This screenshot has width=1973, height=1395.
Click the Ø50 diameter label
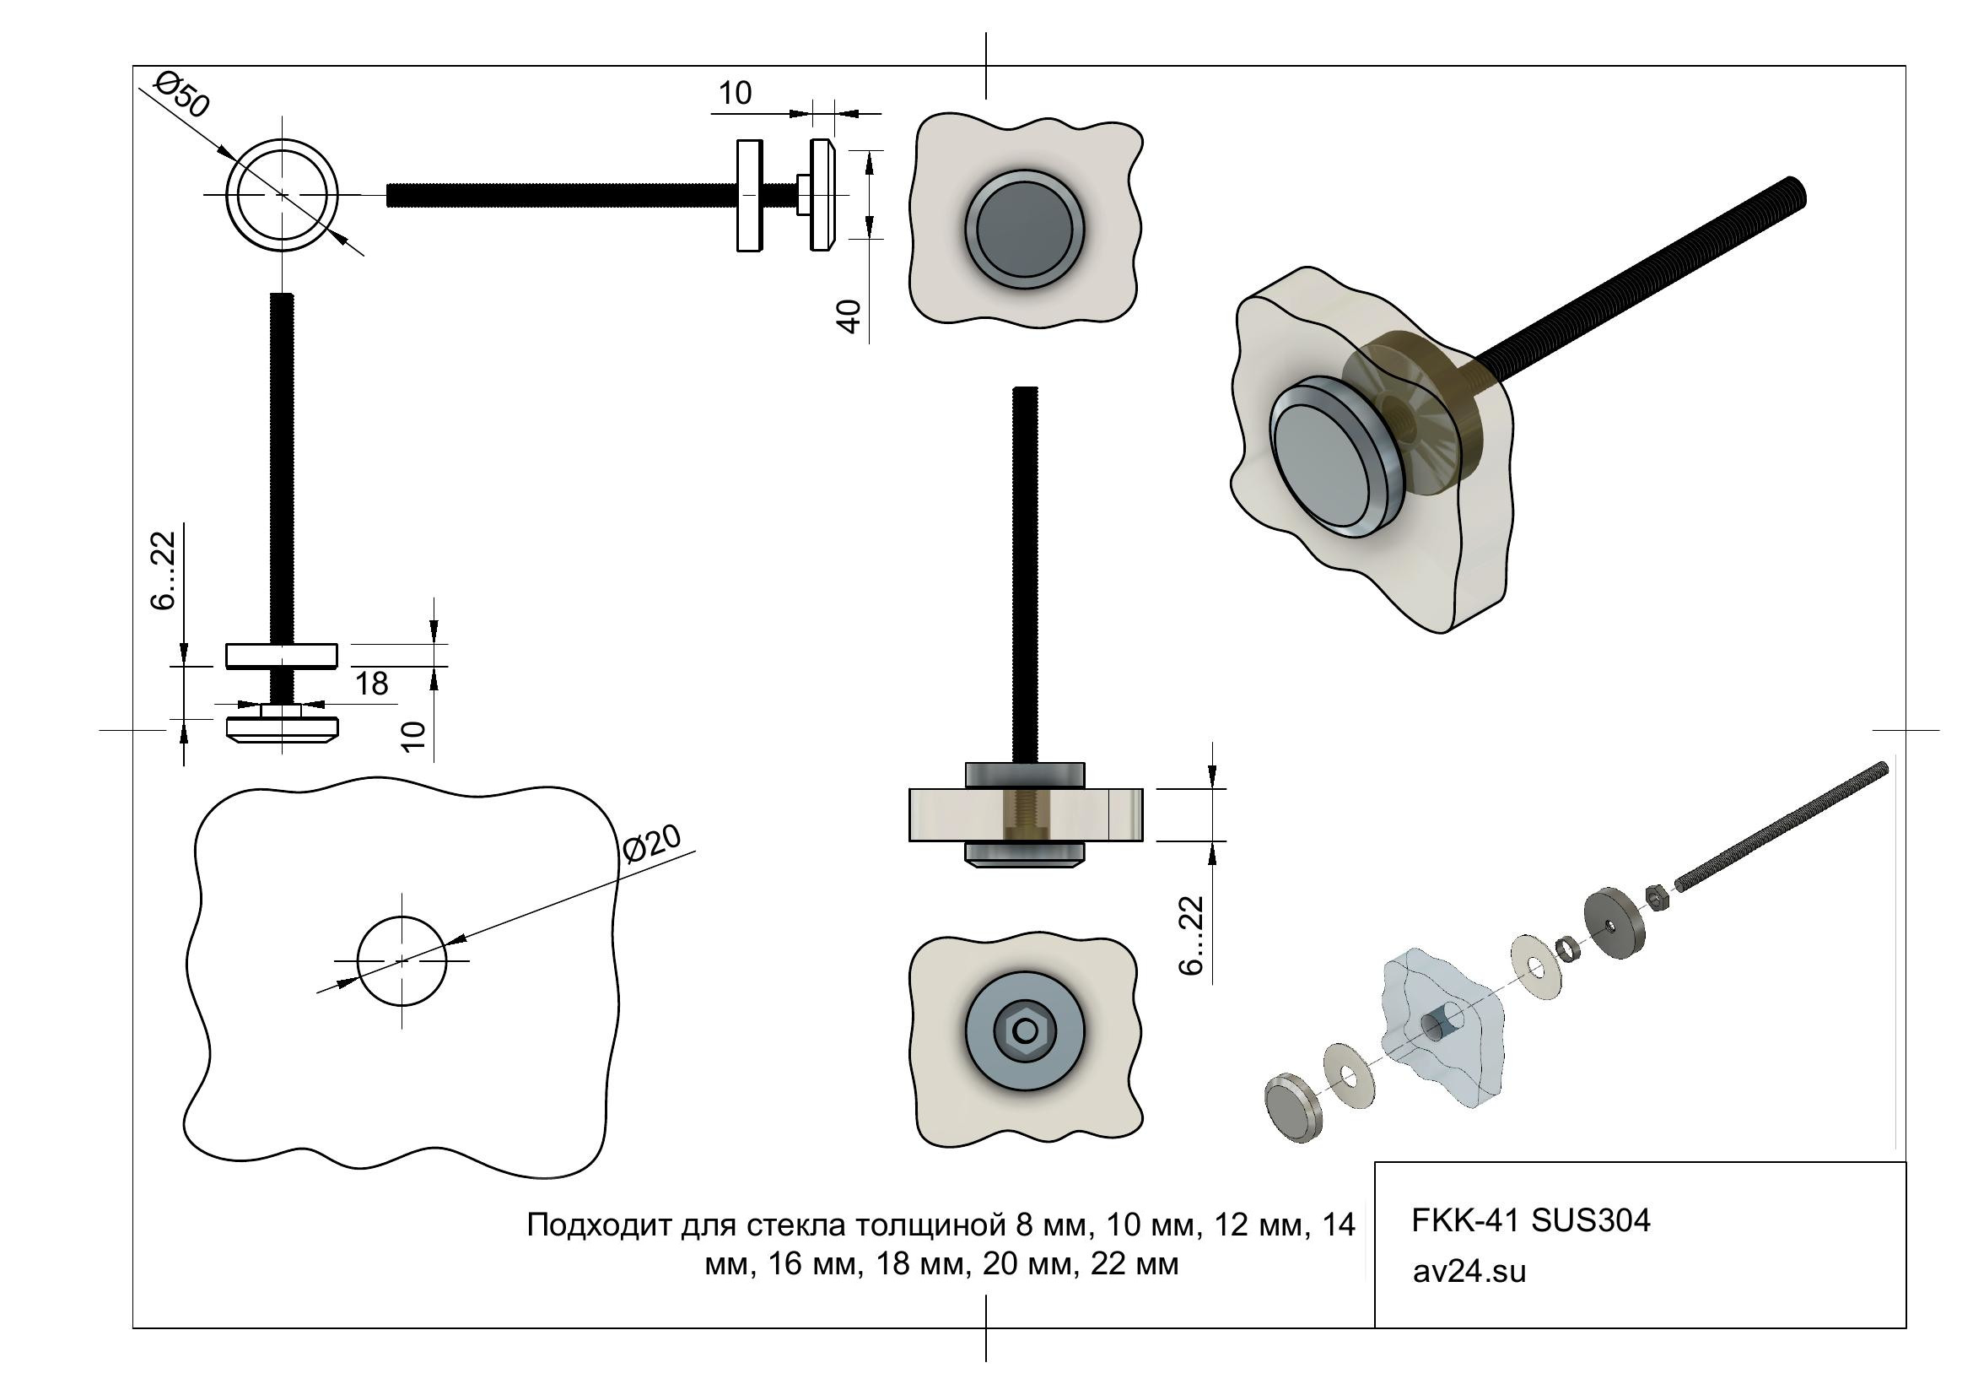point(181,94)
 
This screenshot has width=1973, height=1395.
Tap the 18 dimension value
point(371,684)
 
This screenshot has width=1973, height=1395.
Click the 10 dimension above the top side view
point(735,93)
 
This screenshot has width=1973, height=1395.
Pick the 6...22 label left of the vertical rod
point(163,571)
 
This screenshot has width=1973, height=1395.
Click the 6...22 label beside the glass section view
point(1191,935)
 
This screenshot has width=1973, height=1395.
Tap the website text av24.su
point(1469,1271)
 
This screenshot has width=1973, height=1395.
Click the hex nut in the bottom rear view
point(1024,1030)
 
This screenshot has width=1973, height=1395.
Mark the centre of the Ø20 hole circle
point(402,960)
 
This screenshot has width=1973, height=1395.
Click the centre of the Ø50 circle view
point(282,195)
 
